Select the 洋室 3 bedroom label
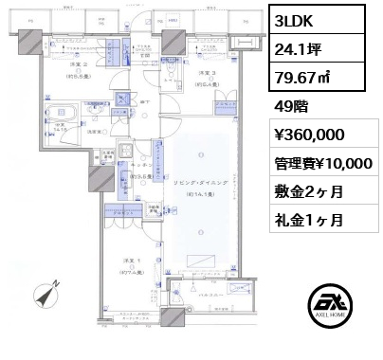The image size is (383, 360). click(x=207, y=75)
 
